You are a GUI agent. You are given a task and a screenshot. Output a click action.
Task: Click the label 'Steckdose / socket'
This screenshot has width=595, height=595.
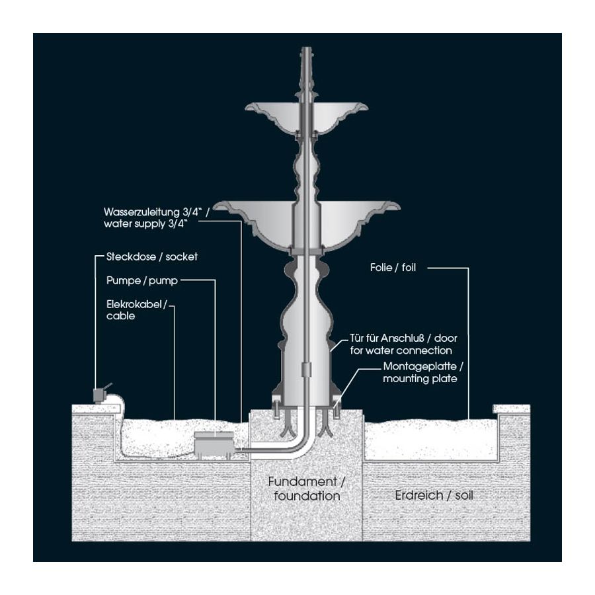pyautogui.click(x=152, y=256)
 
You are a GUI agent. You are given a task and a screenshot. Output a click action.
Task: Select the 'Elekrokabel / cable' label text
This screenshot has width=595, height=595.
pyautogui.click(x=138, y=310)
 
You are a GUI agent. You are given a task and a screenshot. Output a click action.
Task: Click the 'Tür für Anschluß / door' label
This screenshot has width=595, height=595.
pyautogui.click(x=401, y=344)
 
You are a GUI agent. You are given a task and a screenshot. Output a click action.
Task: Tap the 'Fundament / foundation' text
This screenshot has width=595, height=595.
pyautogui.click(x=307, y=488)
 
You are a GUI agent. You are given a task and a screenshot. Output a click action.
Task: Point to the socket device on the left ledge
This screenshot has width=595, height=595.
pyautogui.click(x=100, y=395)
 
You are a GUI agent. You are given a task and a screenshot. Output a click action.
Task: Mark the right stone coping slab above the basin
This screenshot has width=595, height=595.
pyautogui.click(x=512, y=409)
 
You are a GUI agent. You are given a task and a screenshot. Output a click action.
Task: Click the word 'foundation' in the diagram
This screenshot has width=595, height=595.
pyautogui.click(x=307, y=495)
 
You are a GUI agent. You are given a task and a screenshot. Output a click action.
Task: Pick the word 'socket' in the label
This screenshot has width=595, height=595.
pyautogui.click(x=183, y=256)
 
